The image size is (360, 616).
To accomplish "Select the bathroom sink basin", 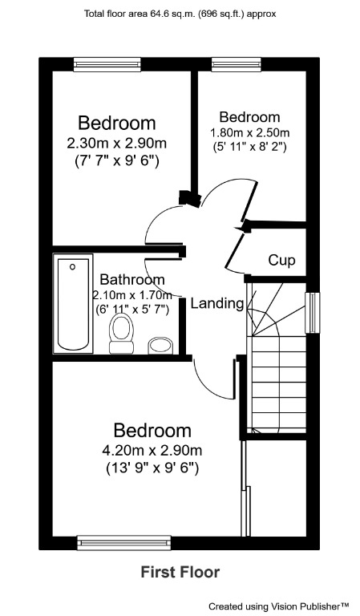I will click(x=161, y=345).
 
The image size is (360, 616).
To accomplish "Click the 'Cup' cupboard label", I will click(x=281, y=260).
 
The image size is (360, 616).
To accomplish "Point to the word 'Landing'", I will click(x=216, y=303).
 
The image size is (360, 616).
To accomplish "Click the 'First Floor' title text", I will click(x=180, y=572).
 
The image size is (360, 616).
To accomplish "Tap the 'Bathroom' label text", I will click(x=132, y=280).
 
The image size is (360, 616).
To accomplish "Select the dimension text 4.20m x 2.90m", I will click(x=152, y=449).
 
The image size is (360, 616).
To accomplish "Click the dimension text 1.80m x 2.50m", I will click(x=249, y=132).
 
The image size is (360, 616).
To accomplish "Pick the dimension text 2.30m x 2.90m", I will click(x=117, y=144).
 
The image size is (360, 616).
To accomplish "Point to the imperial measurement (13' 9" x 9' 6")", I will click(x=152, y=467).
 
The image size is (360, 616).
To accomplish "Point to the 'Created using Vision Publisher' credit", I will click(x=279, y=606).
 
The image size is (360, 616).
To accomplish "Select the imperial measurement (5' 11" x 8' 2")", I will click(x=249, y=147).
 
